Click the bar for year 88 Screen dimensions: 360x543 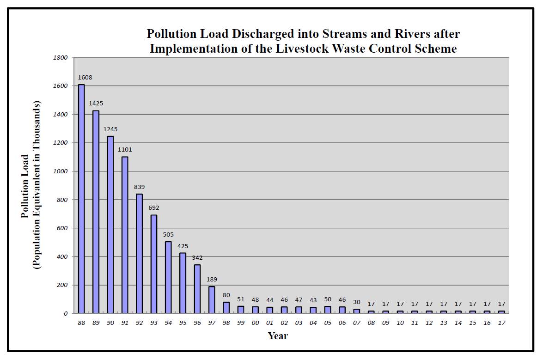pos(81,199)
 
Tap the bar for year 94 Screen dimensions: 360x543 pos(168,277)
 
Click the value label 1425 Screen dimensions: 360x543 pos(96,104)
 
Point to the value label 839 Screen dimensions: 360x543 pos(139,187)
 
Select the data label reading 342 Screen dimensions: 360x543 pos(197,258)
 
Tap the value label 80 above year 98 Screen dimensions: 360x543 pos(226,295)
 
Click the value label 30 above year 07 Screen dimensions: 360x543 pos(357,302)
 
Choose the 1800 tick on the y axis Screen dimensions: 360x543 pos(61,58)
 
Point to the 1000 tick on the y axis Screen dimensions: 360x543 pos(61,171)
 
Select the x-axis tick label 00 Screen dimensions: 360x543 pos(255,323)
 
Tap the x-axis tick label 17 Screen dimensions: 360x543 pos(501,323)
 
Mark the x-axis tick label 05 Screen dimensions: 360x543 pos(328,323)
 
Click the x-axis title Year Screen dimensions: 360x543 pos(278,336)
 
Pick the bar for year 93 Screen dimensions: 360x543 pos(154,264)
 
